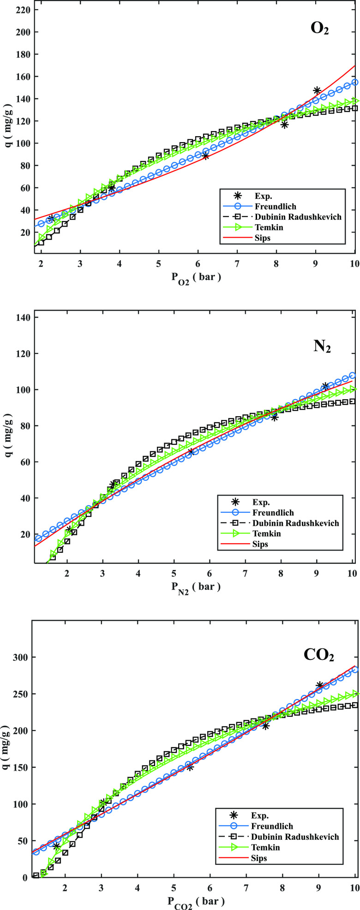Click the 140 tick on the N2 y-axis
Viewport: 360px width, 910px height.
21,317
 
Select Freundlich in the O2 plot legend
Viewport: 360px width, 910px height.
275,206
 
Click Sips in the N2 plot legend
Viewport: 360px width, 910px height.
261,544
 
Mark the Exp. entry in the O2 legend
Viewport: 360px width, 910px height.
262,196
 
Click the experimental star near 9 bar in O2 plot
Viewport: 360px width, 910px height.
317,90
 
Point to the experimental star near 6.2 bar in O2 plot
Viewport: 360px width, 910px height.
205,156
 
